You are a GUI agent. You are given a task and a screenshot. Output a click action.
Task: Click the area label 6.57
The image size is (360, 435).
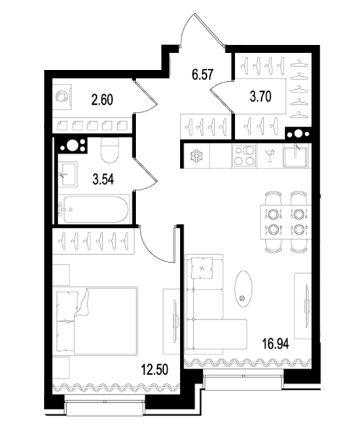[x=203, y=75]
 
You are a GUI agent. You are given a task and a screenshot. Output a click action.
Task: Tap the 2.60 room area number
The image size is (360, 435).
[x=102, y=100]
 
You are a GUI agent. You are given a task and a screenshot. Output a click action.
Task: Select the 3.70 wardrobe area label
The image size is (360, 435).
[x=261, y=97]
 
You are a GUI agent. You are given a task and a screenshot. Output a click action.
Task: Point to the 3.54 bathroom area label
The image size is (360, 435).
[x=103, y=180]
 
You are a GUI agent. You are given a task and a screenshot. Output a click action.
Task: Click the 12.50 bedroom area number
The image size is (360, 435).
[x=154, y=369]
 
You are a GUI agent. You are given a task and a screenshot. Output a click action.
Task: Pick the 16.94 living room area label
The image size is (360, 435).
[x=276, y=344]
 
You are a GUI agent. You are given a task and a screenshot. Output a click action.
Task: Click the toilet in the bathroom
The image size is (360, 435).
[x=110, y=150]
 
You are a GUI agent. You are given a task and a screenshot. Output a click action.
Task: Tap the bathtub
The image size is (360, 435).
[x=94, y=209]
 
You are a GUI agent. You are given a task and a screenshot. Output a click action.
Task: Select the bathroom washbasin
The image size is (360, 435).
[x=67, y=174]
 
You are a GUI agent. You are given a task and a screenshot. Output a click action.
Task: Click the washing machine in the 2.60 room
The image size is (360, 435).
[x=62, y=97]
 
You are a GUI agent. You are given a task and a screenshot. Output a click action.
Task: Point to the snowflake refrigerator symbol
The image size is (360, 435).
[x=196, y=156]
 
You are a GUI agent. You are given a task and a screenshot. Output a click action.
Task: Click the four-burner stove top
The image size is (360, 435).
[x=244, y=156]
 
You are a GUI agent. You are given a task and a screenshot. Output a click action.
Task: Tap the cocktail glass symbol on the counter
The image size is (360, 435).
[x=270, y=156]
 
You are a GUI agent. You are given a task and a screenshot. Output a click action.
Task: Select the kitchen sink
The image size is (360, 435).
[x=295, y=156]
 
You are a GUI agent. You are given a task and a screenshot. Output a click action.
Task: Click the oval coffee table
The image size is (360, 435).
[x=243, y=289]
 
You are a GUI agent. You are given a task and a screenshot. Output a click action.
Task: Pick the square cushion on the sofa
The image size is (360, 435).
[x=202, y=268]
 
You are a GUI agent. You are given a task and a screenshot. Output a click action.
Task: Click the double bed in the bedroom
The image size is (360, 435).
[x=97, y=321]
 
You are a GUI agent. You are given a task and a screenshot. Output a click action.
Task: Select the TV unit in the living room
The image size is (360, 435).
[x=302, y=306]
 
